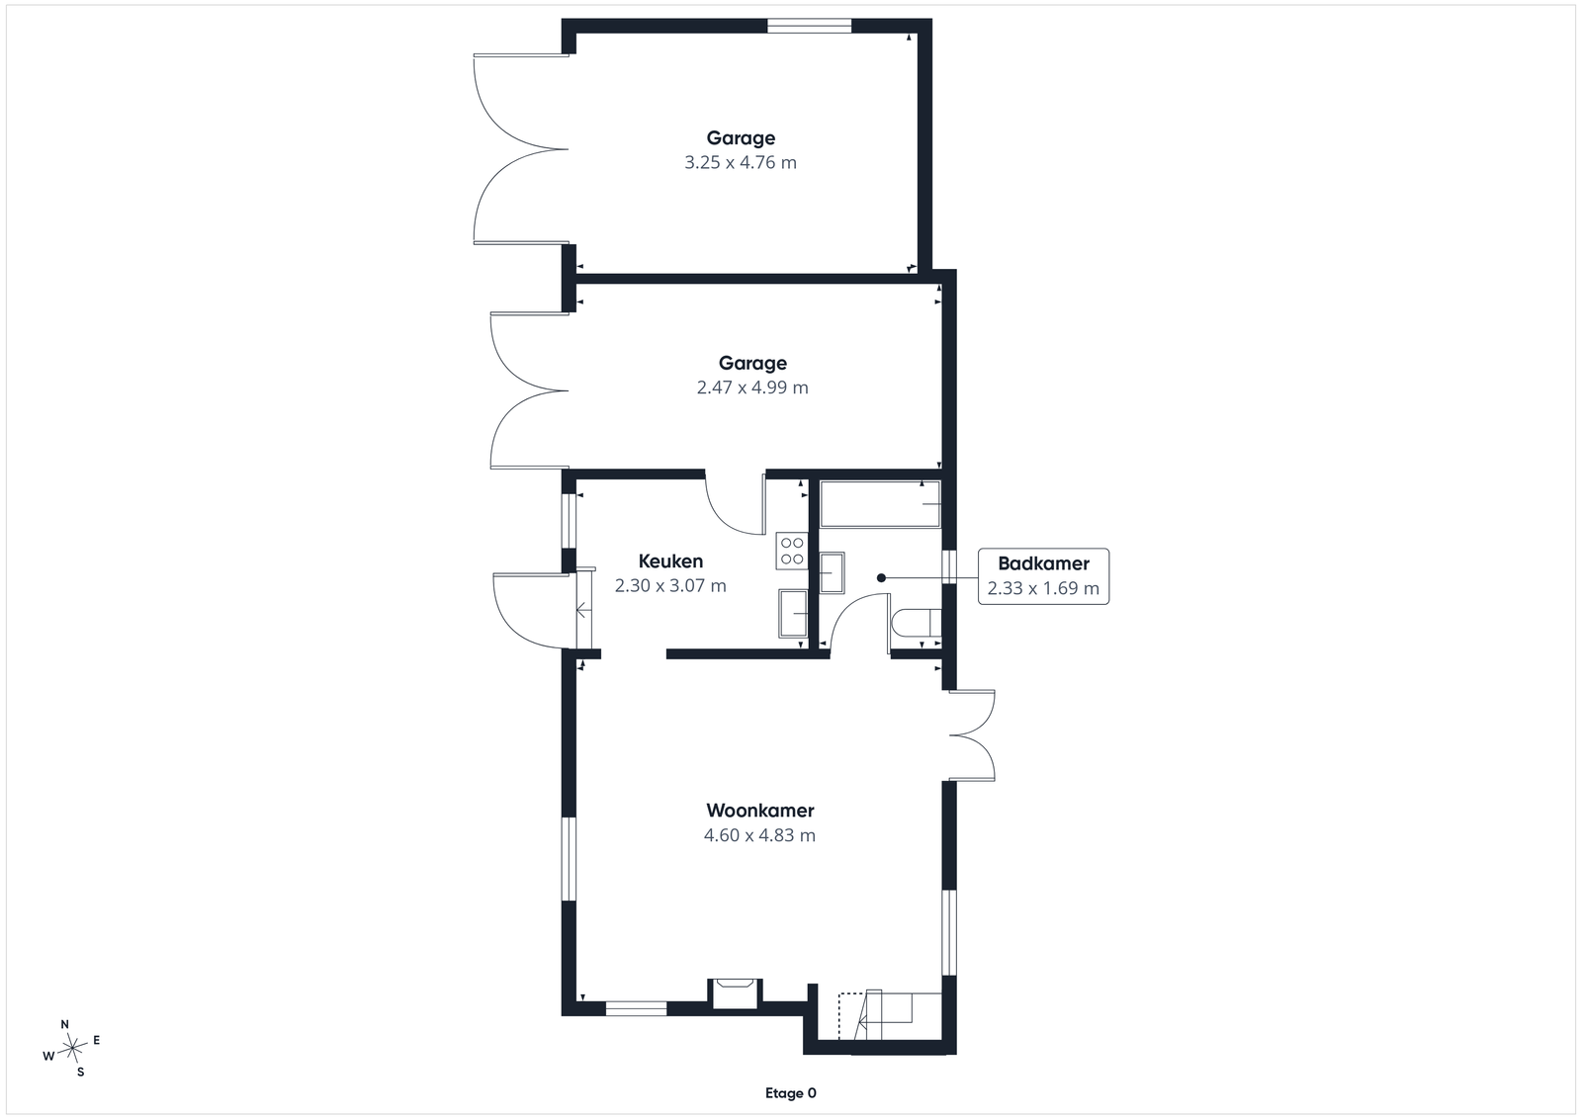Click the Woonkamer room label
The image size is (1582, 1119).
pos(760,811)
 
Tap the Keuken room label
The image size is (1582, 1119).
pos(670,561)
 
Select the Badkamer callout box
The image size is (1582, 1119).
pos(1043,576)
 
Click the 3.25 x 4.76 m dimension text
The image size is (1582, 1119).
pos(741,162)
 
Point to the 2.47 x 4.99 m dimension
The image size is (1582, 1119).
pos(752,387)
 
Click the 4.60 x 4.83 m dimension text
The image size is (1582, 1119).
pos(759,835)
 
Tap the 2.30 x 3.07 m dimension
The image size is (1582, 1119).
pos(670,586)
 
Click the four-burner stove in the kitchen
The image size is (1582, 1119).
pos(792,551)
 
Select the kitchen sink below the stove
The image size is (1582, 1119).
pos(793,614)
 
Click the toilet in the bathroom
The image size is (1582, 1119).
pos(916,623)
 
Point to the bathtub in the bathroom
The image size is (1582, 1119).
pos(880,504)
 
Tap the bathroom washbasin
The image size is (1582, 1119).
pos(832,572)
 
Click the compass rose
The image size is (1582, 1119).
pos(72,1048)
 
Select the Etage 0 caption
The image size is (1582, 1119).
pos(790,1093)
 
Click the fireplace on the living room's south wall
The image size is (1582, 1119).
pos(735,993)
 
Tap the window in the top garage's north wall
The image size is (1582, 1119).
pos(810,26)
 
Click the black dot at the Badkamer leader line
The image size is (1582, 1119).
pos(881,578)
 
